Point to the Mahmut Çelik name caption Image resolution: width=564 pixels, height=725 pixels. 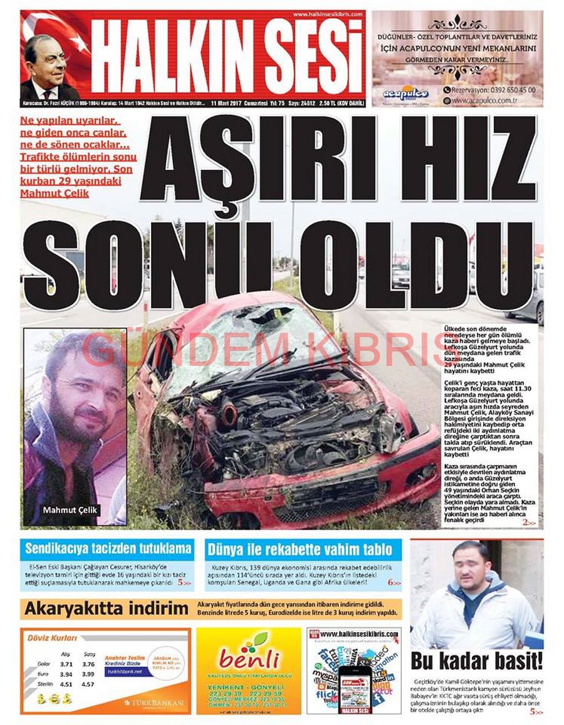tap(70, 510)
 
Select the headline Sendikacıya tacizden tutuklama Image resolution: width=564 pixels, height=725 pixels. tap(108, 549)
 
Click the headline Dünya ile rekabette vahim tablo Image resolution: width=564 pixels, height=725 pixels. tap(302, 550)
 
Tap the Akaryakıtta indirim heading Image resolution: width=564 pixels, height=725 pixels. tap(107, 608)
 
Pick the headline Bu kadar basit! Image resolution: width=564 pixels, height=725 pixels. tap(476, 661)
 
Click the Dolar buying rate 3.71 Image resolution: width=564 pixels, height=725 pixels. tap(66, 664)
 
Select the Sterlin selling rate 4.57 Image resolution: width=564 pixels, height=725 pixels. tap(88, 684)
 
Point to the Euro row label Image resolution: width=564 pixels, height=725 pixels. tap(43, 674)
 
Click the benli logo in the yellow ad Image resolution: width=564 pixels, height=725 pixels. tap(249, 659)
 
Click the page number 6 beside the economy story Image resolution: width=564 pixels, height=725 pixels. tap(390, 582)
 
